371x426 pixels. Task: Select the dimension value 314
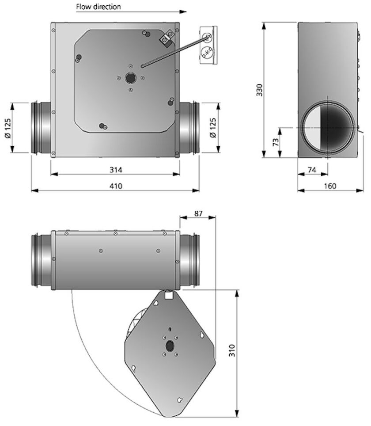point(115,170)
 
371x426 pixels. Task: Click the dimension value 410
point(115,186)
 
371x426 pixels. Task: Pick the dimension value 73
point(274,142)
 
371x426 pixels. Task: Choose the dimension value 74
point(312,170)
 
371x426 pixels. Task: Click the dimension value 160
point(330,186)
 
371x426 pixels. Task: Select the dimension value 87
point(198,213)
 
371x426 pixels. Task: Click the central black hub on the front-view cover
point(130,78)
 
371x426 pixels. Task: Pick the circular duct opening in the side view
point(327,127)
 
